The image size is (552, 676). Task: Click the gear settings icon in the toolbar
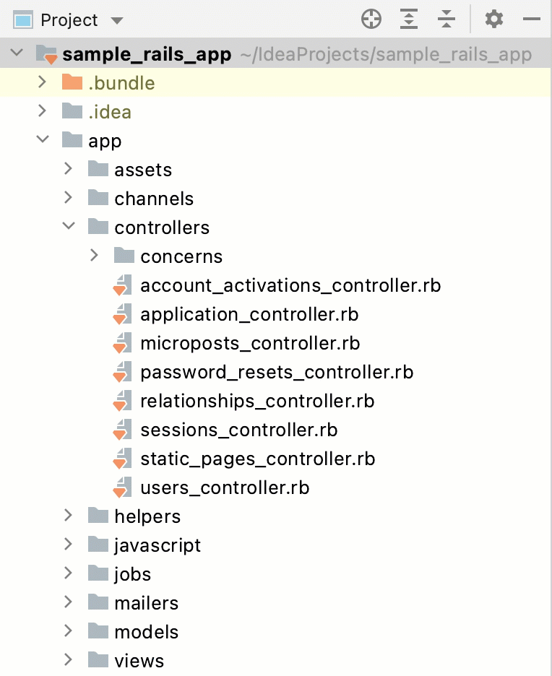pyautogui.click(x=494, y=19)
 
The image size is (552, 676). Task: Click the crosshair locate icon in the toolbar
pyautogui.click(x=371, y=19)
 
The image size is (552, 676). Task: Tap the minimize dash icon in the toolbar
pyautogui.click(x=532, y=19)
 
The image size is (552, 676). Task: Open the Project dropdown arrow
pyautogui.click(x=117, y=20)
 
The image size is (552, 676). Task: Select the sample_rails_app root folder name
pyautogui.click(x=147, y=54)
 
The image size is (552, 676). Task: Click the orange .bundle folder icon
pyautogui.click(x=72, y=82)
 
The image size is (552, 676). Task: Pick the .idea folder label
pyautogui.click(x=110, y=112)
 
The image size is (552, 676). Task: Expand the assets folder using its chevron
pyautogui.click(x=69, y=169)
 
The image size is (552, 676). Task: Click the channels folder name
pyautogui.click(x=154, y=199)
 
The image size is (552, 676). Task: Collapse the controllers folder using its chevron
pyautogui.click(x=69, y=227)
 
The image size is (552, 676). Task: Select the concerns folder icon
pyautogui.click(x=124, y=256)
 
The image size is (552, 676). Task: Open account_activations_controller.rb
pyautogui.click(x=290, y=285)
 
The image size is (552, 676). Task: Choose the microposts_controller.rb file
pyautogui.click(x=250, y=343)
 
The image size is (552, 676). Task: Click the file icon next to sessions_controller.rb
pyautogui.click(x=122, y=430)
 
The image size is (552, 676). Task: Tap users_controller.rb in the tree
pyautogui.click(x=225, y=487)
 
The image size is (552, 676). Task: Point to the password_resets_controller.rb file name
pyautogui.click(x=277, y=372)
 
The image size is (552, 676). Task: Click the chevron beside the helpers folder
pyautogui.click(x=69, y=516)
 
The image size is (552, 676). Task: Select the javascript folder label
pyautogui.click(x=158, y=545)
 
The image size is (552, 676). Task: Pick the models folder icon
pyautogui.click(x=98, y=631)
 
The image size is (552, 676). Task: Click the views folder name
pyautogui.click(x=139, y=661)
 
